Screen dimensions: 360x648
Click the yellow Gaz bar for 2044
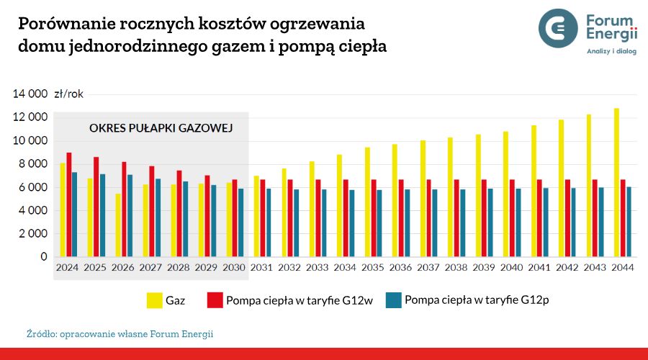click(616, 183)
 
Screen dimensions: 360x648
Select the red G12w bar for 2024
click(68, 204)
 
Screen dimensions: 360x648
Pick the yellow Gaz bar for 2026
click(118, 225)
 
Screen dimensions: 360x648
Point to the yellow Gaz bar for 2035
click(367, 202)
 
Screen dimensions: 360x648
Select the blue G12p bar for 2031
click(269, 222)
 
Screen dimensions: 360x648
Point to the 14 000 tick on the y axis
click(30, 94)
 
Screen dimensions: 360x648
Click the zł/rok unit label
click(69, 94)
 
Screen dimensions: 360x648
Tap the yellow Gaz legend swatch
click(153, 300)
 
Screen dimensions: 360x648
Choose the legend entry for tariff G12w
click(289, 300)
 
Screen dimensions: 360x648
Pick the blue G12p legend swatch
click(392, 300)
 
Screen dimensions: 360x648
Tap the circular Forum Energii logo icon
click(558, 27)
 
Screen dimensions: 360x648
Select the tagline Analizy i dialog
click(611, 52)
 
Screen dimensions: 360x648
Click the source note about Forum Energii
click(120, 334)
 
